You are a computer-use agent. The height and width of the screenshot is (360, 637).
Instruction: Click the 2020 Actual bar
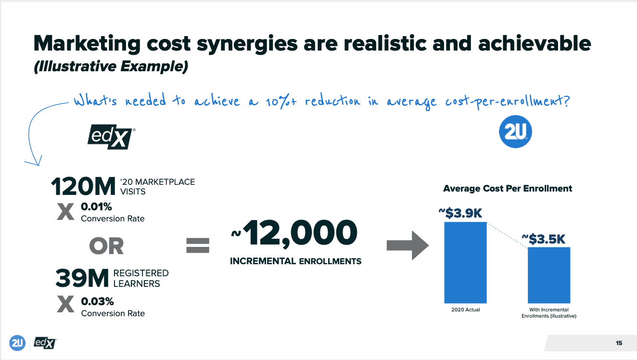coord(466,263)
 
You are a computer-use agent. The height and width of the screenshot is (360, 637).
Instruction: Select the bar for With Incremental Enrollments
coord(549,275)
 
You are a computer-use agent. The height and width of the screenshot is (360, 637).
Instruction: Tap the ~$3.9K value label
coord(460,213)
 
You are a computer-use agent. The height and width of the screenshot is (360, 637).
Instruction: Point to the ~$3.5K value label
coord(544,239)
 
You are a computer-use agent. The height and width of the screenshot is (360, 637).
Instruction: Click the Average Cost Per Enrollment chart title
coord(508,188)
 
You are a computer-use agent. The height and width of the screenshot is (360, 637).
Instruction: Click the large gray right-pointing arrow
coord(408,245)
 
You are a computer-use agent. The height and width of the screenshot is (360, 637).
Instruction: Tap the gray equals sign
coord(198,245)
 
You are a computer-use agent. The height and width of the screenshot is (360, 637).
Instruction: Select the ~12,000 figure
coord(294,233)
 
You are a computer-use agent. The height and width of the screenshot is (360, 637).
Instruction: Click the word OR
coord(107,246)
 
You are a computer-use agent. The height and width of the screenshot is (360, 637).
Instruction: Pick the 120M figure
coord(83,186)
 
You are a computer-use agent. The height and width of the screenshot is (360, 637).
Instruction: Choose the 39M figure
coord(82,278)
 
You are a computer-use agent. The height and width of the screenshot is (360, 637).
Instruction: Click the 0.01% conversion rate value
coord(96,206)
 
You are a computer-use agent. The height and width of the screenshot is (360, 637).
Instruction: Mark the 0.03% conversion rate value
coord(98,301)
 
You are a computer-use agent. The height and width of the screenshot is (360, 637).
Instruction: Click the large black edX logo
coord(111,137)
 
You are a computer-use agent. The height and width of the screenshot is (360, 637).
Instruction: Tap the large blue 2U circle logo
coord(515,131)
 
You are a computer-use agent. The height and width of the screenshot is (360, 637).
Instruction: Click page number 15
coord(619,343)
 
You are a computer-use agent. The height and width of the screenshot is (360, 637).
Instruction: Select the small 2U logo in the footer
coord(17,343)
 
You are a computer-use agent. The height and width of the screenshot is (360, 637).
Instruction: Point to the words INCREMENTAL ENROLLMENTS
coord(296,261)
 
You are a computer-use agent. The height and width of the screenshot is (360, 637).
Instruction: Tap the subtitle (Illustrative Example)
coord(111,66)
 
